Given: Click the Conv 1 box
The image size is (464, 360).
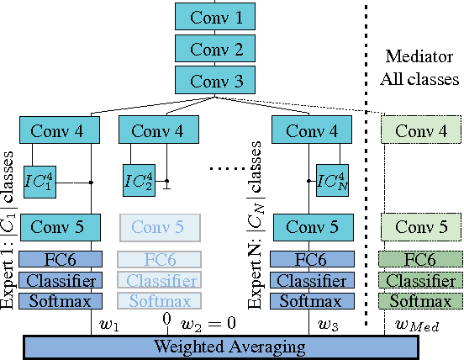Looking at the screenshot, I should pyautogui.click(x=215, y=17).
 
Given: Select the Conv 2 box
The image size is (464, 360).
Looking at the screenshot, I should pyautogui.click(x=215, y=49).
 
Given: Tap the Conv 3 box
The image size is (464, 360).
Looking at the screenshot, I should pyautogui.click(x=215, y=81).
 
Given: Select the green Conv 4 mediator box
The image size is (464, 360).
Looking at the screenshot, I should pyautogui.click(x=420, y=131).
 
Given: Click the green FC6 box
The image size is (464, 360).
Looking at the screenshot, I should pyautogui.click(x=420, y=260).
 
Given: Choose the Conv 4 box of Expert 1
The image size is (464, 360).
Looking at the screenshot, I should pyautogui.click(x=61, y=131).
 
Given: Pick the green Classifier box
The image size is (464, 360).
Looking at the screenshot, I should pyautogui.click(x=420, y=280).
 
